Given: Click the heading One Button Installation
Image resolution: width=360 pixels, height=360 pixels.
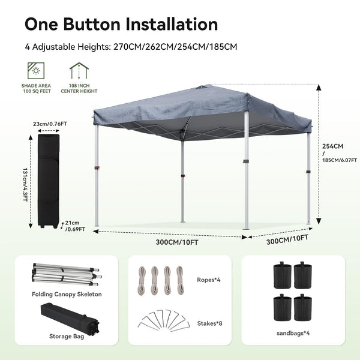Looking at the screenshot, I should [121, 24].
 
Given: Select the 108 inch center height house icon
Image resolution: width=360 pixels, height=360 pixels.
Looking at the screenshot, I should [76, 71].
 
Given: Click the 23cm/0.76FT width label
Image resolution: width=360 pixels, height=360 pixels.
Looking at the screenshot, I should [50, 124].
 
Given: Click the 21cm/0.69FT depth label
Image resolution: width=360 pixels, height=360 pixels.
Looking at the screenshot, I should [75, 226].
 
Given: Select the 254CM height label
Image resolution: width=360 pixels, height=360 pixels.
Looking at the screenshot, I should [332, 146].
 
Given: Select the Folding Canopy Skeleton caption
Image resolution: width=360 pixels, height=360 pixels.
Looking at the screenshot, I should [67, 294].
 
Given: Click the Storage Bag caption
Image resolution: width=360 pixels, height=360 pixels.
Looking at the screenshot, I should [67, 336].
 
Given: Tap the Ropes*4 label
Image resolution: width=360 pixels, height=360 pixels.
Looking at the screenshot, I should [208, 279].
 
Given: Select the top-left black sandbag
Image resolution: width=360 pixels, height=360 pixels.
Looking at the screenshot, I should [280, 276].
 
